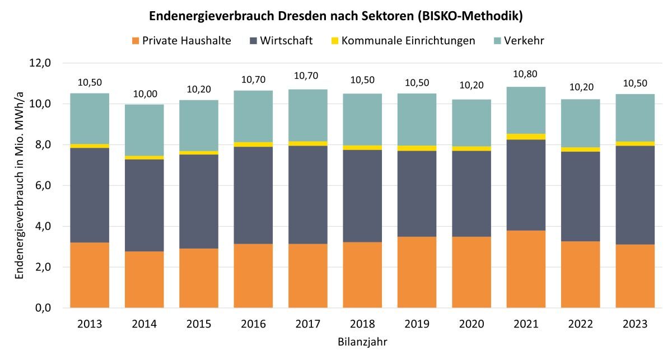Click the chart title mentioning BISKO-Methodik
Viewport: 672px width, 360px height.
click(335, 16)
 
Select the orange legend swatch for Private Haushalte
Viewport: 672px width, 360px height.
click(134, 41)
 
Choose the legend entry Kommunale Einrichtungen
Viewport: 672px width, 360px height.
click(402, 41)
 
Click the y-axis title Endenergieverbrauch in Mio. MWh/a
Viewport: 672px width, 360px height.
click(20, 185)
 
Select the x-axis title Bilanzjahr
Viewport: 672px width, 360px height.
click(362, 341)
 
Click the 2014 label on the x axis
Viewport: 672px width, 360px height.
click(144, 324)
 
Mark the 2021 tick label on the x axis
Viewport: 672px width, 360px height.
click(526, 324)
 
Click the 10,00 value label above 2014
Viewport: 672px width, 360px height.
click(144, 93)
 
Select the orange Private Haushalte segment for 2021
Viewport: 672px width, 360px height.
click(526, 269)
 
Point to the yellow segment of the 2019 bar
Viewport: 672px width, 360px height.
click(417, 148)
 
